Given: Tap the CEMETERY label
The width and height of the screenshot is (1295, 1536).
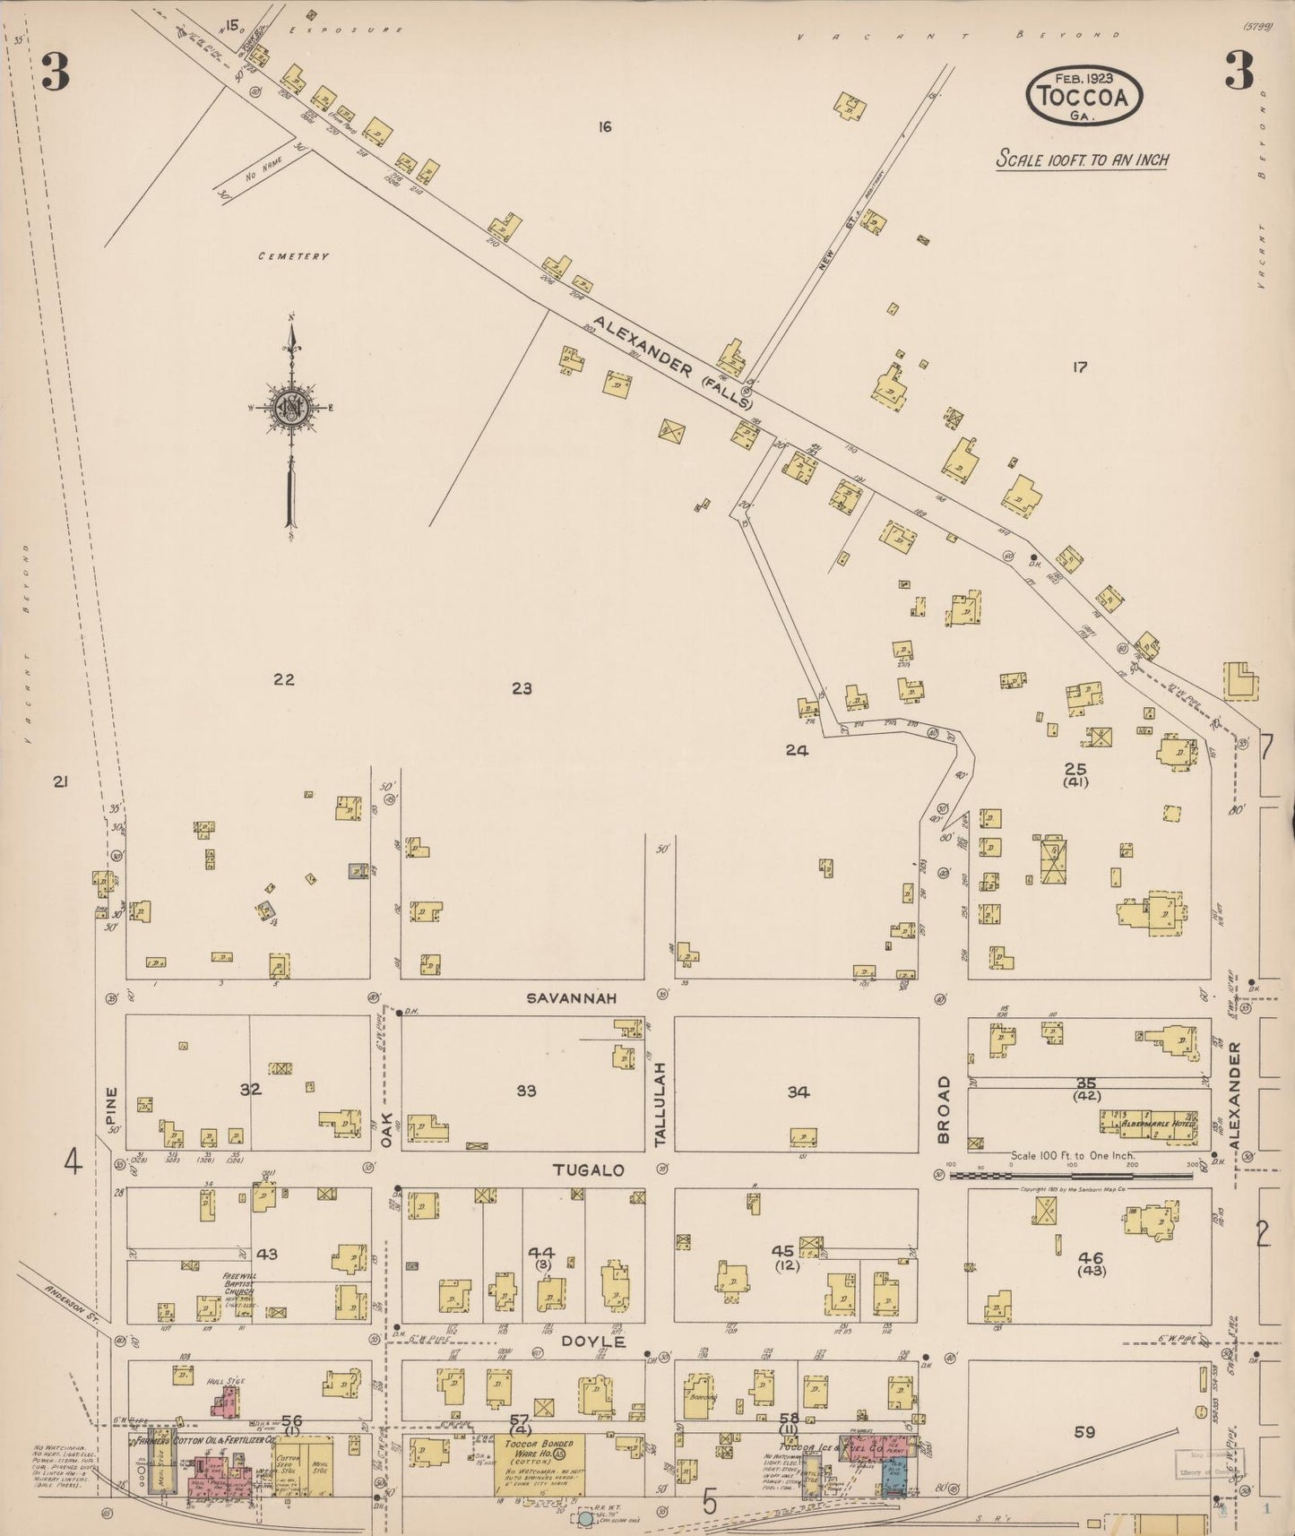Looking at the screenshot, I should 293,256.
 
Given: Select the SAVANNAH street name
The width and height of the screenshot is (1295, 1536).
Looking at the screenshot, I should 571,997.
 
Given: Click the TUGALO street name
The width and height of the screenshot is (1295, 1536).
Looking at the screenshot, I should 589,1170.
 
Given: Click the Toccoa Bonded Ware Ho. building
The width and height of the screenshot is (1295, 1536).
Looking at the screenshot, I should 540,1463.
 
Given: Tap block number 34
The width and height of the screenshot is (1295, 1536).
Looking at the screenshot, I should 798,1092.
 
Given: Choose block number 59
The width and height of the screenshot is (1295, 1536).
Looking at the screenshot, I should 1084,1432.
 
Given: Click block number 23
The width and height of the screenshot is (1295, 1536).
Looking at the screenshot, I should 522,688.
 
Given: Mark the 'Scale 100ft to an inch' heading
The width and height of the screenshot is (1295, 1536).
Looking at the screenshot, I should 1083,160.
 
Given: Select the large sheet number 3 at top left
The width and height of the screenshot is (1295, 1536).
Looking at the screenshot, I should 55,75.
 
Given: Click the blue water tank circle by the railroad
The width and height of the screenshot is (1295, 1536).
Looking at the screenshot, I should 585,1519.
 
